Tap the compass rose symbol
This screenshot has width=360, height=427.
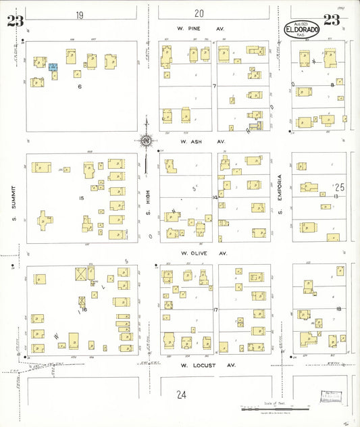(x=146, y=141)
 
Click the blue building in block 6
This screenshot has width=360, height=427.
(x=53, y=67)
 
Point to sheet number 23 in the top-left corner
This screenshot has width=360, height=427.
(x=15, y=20)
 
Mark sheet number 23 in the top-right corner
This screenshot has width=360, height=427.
(x=332, y=20)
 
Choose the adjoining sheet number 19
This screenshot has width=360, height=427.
(x=80, y=14)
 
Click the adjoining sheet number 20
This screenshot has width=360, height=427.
(x=199, y=13)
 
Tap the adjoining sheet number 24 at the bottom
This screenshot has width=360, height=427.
(x=180, y=394)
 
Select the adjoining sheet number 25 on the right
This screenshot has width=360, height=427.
(x=339, y=186)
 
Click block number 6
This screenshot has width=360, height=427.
(x=79, y=86)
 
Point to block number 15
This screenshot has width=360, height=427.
(x=81, y=197)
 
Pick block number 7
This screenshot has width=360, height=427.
(x=214, y=86)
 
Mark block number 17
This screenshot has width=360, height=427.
(x=215, y=309)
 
